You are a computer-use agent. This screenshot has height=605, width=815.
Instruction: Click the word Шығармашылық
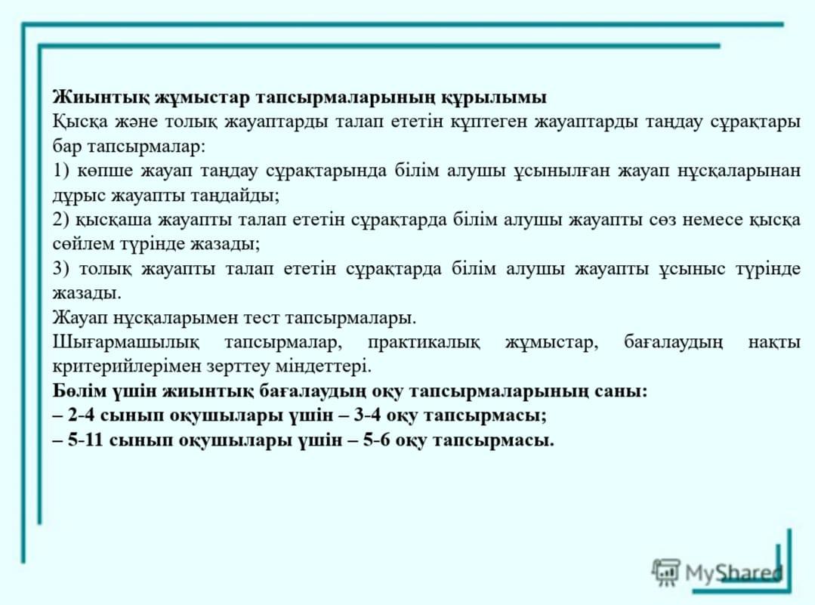coord(126,343)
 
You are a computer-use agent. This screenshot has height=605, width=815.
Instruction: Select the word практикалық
coord(424,343)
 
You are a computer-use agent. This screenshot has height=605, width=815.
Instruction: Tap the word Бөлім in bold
coord(78,390)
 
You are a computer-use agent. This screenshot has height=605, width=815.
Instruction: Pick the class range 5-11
coord(85,440)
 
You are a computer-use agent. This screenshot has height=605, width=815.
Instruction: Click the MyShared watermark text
coord(733,573)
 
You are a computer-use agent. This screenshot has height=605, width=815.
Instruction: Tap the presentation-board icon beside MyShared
coord(666,573)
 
